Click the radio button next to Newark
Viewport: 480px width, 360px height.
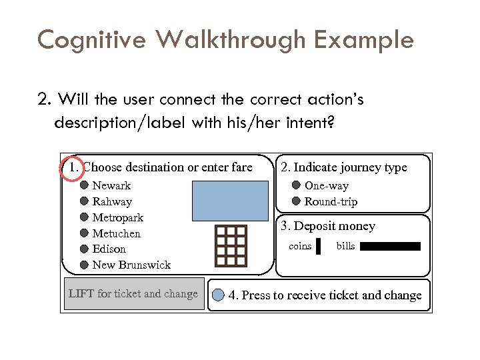pos(85,185)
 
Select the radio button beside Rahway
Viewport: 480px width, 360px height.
pos(85,201)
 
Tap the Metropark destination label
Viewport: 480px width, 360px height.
pos(117,217)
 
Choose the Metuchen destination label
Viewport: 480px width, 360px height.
pos(116,233)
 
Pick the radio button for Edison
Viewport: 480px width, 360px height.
pos(85,249)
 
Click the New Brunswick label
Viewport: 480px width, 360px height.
pos(131,265)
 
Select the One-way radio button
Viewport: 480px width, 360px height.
pos(297,186)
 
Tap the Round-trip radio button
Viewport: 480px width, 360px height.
pos(297,201)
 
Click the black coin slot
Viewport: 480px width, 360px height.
pos(319,247)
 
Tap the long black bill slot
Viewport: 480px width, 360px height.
pos(391,247)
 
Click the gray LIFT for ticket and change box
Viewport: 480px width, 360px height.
pos(133,294)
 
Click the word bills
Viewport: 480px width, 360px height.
pos(345,247)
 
